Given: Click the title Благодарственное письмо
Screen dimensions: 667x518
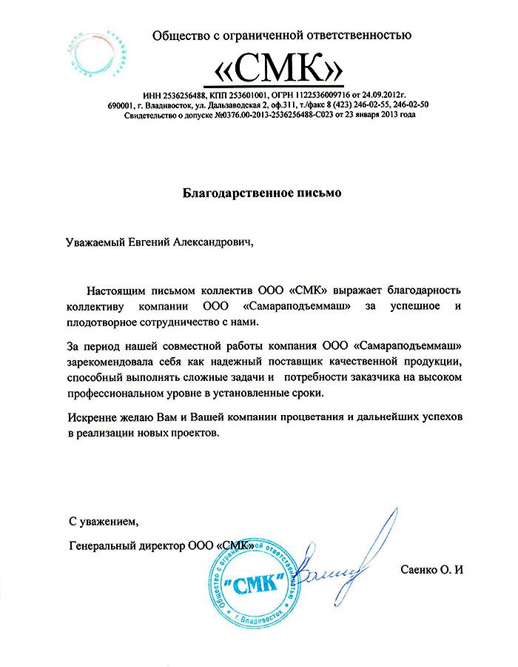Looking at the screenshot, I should click(263, 194).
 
